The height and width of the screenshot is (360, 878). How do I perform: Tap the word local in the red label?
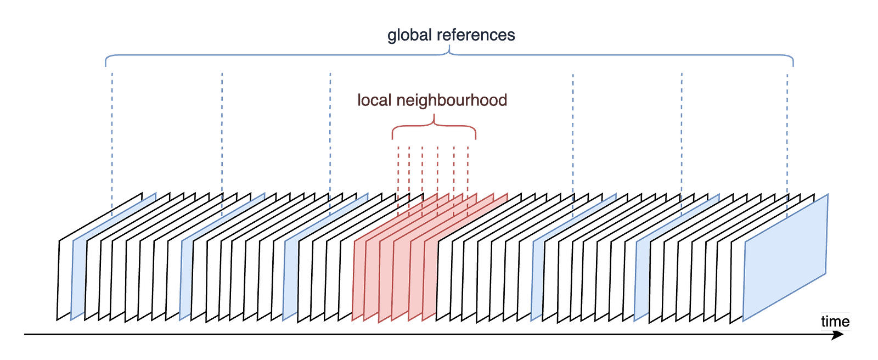click(x=374, y=100)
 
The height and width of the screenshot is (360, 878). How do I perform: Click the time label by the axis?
click(x=835, y=322)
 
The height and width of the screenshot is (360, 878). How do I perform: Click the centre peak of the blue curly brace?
click(x=450, y=50)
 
